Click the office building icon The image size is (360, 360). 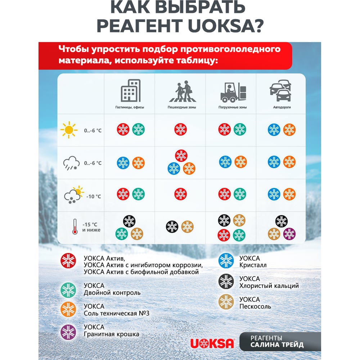pyautogui.click(x=130, y=91)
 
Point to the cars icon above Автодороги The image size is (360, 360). pyautogui.click(x=280, y=91)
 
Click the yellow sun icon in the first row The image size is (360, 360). pyautogui.click(x=69, y=130)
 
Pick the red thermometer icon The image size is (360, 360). pyautogui.click(x=75, y=227)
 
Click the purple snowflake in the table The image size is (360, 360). pyautogui.click(x=289, y=234)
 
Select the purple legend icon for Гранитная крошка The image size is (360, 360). pyautogui.click(x=68, y=332)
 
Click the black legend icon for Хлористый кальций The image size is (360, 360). pyautogui.click(x=226, y=282)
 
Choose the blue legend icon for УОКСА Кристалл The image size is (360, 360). pyautogui.click(x=226, y=261)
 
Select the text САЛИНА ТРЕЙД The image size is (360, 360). pyautogui.click(x=277, y=345)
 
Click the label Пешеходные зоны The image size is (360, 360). pyautogui.click(x=182, y=107)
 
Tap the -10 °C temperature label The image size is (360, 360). pyautogui.click(x=94, y=197)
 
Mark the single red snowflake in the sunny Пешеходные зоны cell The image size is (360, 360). pyautogui.click(x=181, y=129)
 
